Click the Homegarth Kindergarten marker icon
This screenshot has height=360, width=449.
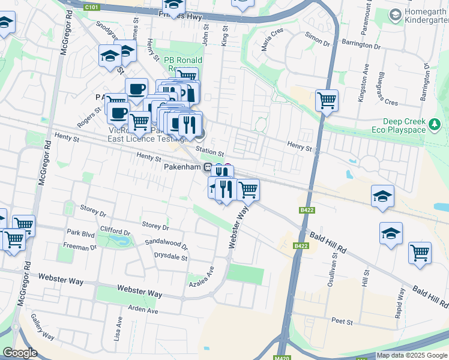point(395,14)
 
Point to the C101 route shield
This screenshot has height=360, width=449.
point(92,7)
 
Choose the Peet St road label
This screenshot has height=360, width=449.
point(345,322)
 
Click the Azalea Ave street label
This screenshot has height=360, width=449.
point(202,278)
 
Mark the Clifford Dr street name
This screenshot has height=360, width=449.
point(115,231)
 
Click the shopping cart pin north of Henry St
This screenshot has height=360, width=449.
point(327,100)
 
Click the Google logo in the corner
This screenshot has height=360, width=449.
point(20,353)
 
